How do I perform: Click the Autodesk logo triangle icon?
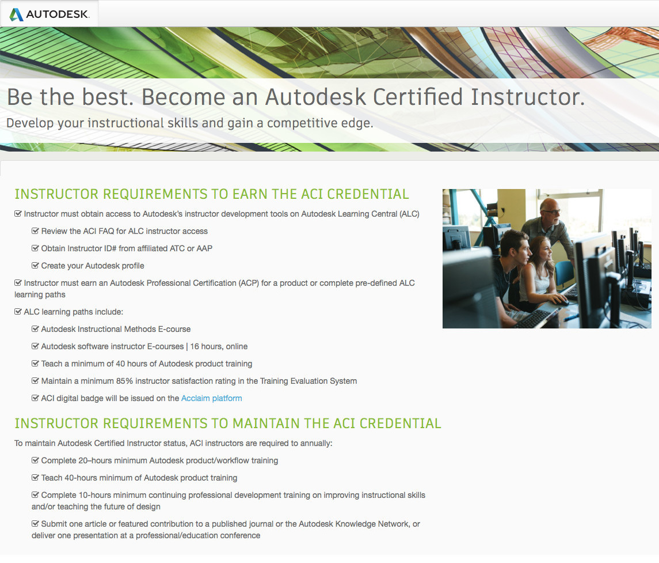(16, 14)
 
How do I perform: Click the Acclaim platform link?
(211, 398)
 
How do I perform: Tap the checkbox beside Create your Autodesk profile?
(35, 266)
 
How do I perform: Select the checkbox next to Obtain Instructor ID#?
(35, 248)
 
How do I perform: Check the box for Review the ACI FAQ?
(35, 231)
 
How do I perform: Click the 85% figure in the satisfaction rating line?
(124, 381)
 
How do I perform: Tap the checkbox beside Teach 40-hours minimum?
(35, 478)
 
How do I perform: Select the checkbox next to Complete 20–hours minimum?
(35, 460)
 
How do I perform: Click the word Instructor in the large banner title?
(527, 97)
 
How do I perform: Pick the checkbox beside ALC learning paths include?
(18, 312)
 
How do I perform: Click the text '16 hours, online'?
(219, 346)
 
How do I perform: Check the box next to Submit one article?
(35, 524)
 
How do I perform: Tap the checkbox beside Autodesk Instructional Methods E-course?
(35, 329)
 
